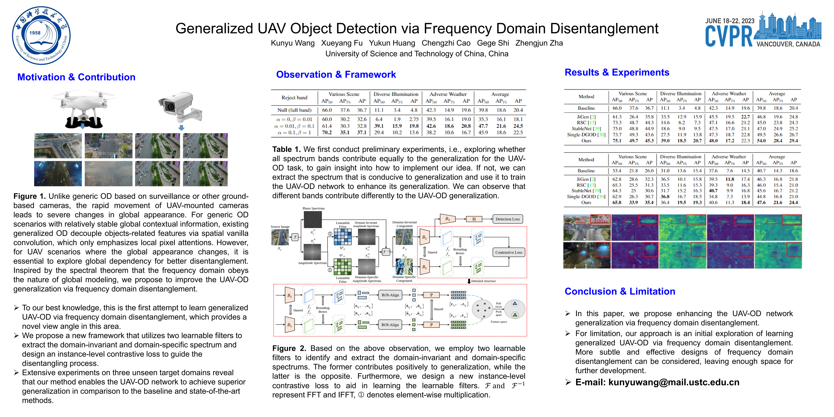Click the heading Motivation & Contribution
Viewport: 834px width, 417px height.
click(x=76, y=77)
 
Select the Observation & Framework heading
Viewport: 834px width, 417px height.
click(x=336, y=74)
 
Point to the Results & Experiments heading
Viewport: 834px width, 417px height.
click(x=617, y=72)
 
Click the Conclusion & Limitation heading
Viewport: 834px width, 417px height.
click(x=620, y=291)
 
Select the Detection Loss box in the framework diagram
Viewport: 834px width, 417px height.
click(x=507, y=219)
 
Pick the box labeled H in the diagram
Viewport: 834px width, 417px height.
click(x=474, y=219)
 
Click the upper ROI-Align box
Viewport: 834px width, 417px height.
click(x=390, y=295)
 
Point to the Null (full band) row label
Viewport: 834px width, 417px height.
click(x=294, y=110)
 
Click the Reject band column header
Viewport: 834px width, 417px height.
click(x=294, y=97)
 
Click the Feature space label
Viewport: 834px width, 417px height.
click(x=499, y=322)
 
